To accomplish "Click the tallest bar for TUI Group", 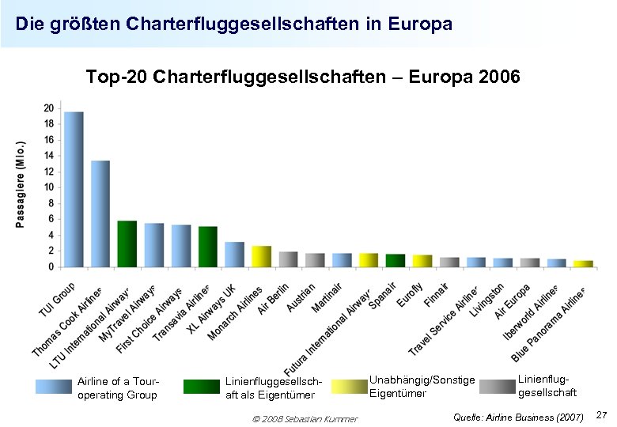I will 74,189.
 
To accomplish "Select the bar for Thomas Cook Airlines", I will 100,213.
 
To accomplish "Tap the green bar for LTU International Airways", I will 127,244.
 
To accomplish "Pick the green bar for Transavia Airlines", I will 207,247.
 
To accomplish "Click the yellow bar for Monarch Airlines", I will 261,256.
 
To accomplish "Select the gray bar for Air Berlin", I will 288,259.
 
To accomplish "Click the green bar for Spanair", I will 395,260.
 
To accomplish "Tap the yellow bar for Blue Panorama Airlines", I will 582,263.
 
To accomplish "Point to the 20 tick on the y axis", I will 49,108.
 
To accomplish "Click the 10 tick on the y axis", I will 49,187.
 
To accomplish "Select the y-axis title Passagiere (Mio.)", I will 21,183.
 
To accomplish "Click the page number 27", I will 600,415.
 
